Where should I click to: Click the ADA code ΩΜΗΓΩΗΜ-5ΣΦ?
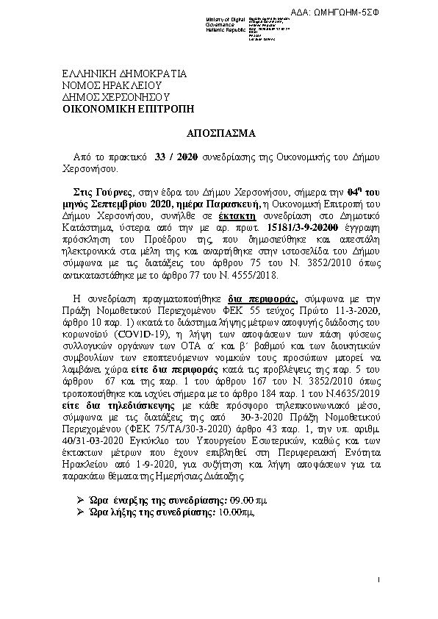[395, 12]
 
